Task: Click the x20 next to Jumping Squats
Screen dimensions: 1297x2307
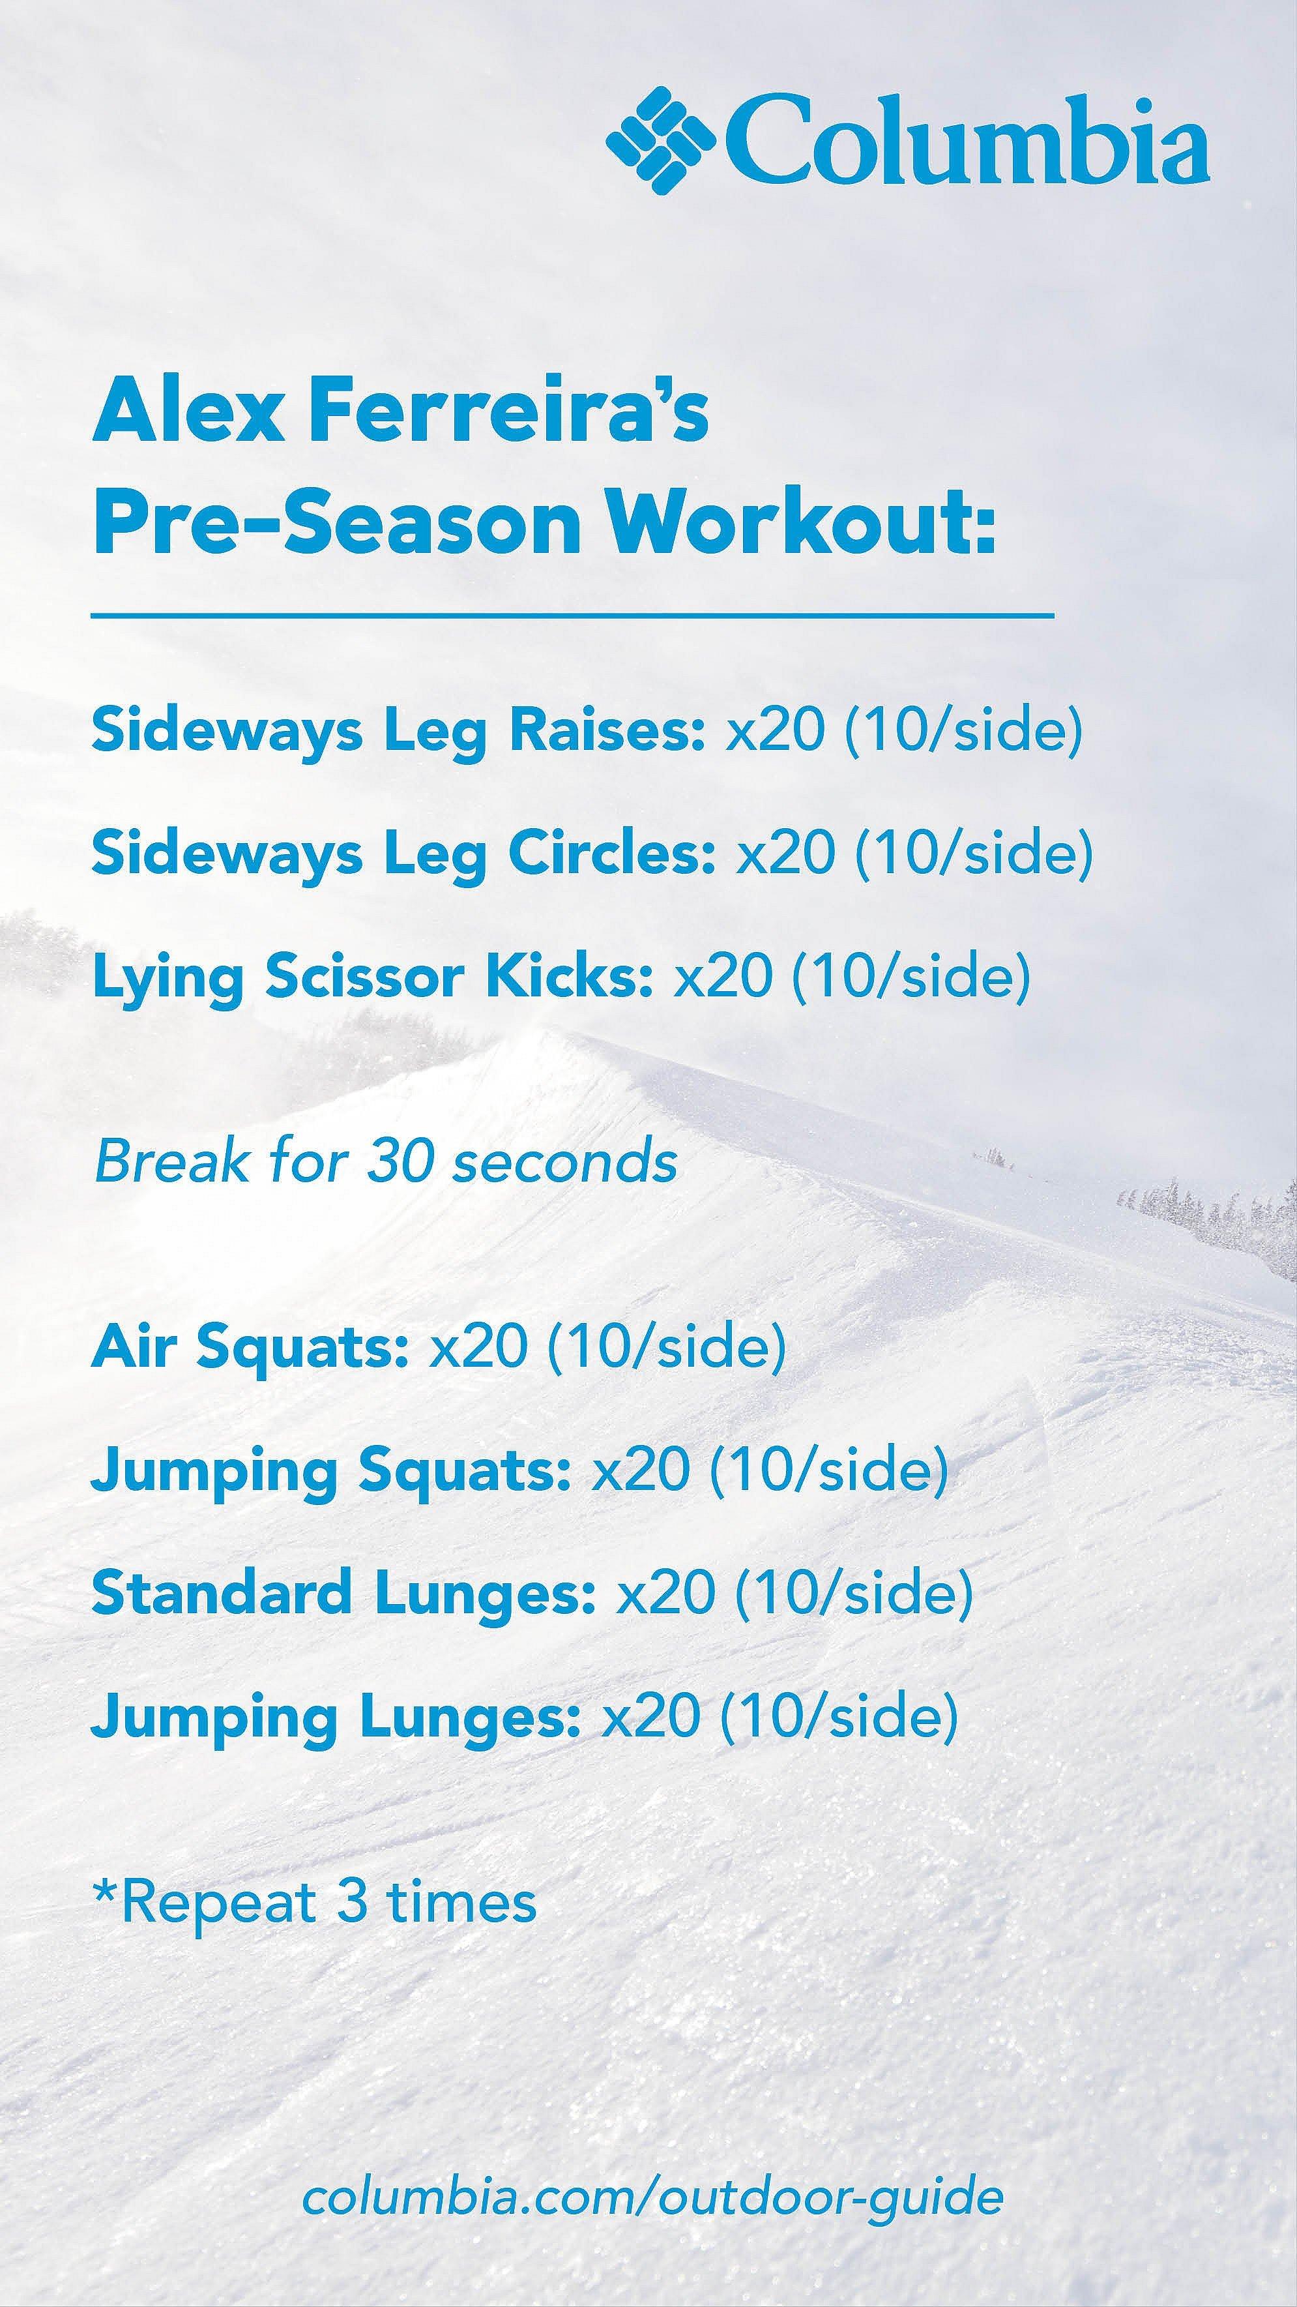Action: (641, 1470)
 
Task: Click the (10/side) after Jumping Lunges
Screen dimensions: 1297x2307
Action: (839, 1717)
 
